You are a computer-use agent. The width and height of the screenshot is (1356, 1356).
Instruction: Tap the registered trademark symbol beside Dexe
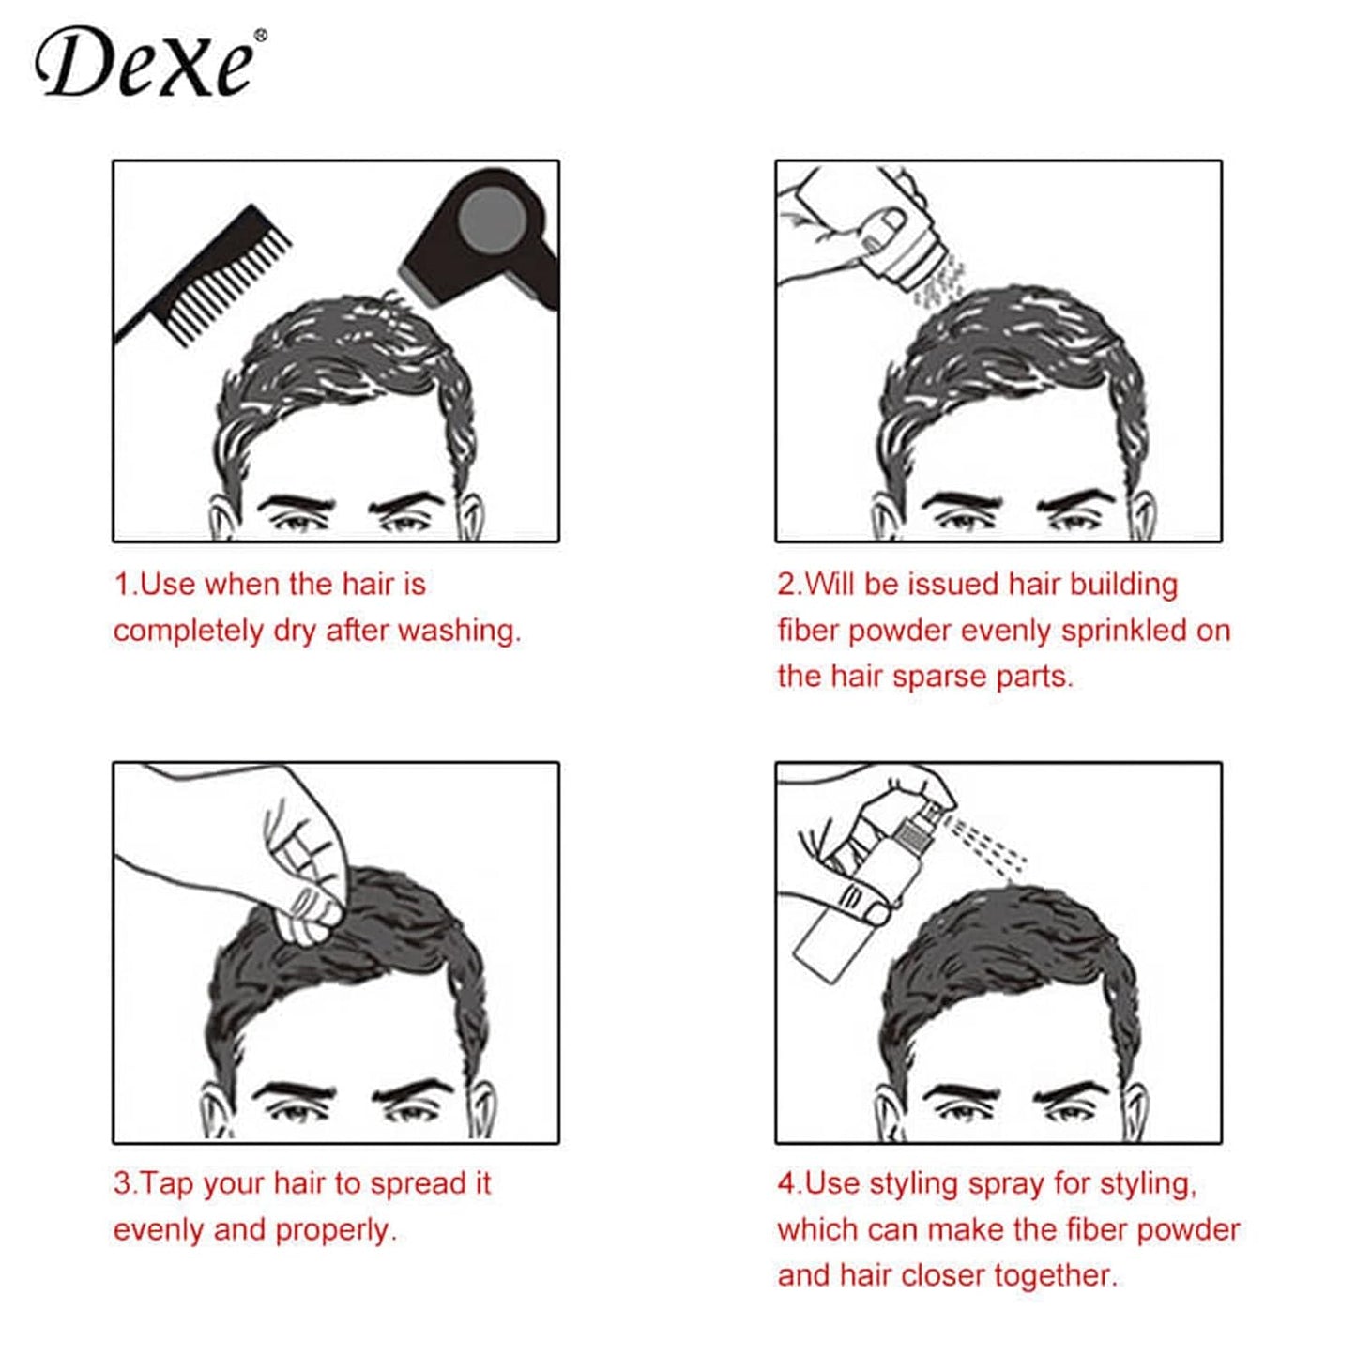point(260,36)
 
